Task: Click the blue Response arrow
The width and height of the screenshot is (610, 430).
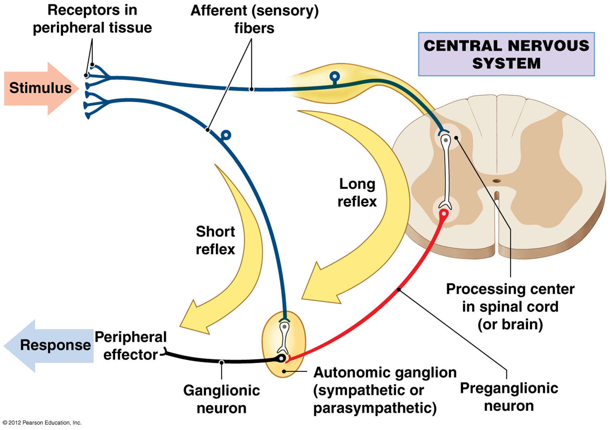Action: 49,345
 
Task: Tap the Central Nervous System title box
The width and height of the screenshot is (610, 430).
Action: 506,54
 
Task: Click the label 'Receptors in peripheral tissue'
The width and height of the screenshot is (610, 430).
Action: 92,19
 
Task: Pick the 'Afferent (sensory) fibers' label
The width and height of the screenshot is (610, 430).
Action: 254,19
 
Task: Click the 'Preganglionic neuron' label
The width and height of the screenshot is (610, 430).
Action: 509,397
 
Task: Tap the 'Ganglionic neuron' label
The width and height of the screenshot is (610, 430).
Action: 222,399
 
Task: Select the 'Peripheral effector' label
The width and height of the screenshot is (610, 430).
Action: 130,346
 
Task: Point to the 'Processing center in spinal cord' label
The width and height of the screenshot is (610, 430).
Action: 510,307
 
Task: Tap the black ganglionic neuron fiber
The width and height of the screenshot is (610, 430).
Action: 222,361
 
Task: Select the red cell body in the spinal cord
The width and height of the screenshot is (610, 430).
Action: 444,213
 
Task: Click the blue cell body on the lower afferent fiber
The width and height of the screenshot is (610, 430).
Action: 226,135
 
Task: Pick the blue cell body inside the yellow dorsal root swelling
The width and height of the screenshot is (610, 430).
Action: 335,76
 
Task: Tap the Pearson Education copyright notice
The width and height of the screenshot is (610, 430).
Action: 42,423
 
